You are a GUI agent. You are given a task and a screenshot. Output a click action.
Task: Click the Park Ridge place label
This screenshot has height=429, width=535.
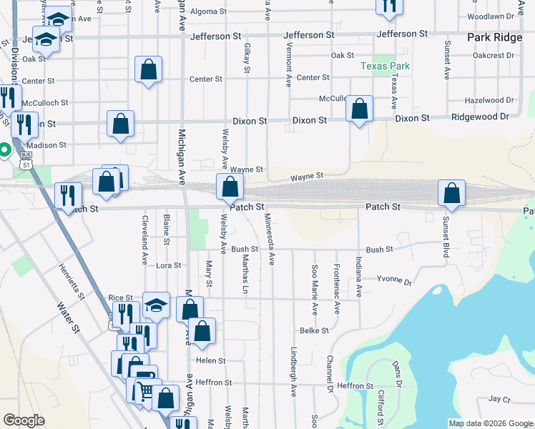pyautogui.click(x=494, y=37)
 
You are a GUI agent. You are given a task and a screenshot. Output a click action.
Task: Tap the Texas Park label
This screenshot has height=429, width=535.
pyautogui.click(x=385, y=66)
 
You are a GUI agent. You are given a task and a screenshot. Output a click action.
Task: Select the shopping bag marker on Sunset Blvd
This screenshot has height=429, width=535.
pyautogui.click(x=452, y=193)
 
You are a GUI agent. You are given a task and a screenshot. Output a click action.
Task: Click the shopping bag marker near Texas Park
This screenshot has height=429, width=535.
pyautogui.click(x=359, y=110)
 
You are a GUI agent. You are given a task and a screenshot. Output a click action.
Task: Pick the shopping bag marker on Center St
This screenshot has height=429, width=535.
pyautogui.click(x=149, y=71)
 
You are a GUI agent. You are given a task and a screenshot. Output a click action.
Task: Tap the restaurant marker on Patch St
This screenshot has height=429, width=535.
pyautogui.click(x=69, y=196)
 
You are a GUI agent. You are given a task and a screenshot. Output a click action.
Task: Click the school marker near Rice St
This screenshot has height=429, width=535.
pyautogui.click(x=156, y=305)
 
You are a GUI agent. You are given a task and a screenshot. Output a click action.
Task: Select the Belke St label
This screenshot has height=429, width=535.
pyautogui.click(x=314, y=330)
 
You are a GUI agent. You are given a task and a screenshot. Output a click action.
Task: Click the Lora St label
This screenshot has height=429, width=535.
pyautogui.click(x=169, y=265)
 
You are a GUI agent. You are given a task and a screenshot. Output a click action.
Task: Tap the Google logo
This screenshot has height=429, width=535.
pyautogui.click(x=24, y=420)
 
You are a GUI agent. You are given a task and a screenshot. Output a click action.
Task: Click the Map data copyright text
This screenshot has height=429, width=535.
pyautogui.click(x=489, y=423)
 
